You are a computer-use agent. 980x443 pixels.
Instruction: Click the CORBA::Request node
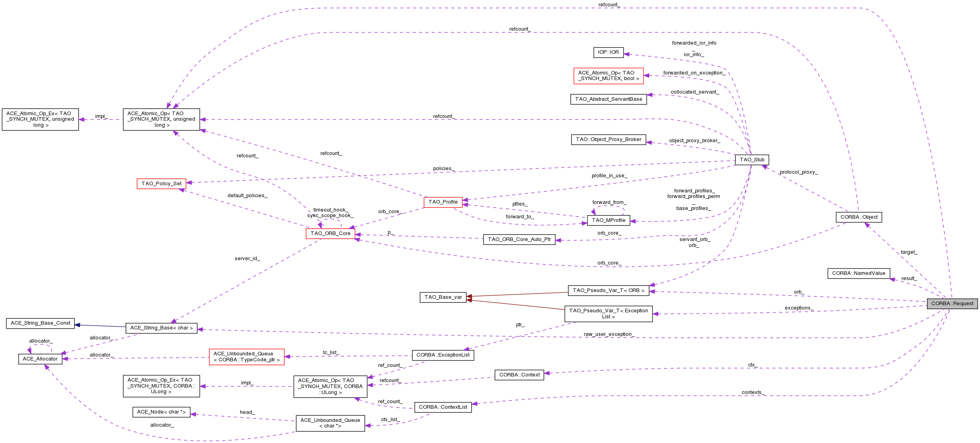pyautogui.click(x=952, y=304)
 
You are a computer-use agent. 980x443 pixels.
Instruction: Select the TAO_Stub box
pyautogui.click(x=752, y=160)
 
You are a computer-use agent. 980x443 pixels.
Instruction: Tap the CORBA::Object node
pyautogui.click(x=859, y=217)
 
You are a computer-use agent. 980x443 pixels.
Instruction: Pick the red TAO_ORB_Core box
pyautogui.click(x=330, y=233)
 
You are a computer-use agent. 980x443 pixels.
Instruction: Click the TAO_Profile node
pyautogui.click(x=443, y=202)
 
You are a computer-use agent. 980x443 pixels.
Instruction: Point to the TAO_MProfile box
pyautogui.click(x=608, y=220)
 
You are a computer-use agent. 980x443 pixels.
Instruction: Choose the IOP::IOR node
pyautogui.click(x=608, y=52)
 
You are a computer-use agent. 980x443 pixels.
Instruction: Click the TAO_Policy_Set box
pyautogui.click(x=161, y=184)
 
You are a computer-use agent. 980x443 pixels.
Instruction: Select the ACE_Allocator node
pyautogui.click(x=40, y=359)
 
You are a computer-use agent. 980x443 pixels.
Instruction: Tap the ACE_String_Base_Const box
pyautogui.click(x=40, y=323)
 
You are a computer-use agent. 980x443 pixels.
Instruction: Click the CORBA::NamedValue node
pyautogui.click(x=858, y=273)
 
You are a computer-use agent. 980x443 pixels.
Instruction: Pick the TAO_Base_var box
pyautogui.click(x=443, y=297)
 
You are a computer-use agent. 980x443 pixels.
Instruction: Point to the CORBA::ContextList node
pyautogui.click(x=443, y=407)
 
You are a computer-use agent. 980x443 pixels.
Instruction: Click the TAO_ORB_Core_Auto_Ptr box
pyautogui.click(x=519, y=239)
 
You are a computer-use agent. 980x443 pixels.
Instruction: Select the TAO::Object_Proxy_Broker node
pyautogui.click(x=608, y=139)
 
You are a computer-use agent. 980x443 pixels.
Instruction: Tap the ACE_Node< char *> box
pyautogui.click(x=161, y=412)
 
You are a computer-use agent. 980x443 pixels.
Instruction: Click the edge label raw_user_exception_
pyautogui.click(x=609, y=334)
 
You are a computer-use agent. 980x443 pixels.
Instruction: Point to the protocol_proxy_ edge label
pyautogui.click(x=798, y=172)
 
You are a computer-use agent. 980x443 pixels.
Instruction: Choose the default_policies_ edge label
pyautogui.click(x=247, y=196)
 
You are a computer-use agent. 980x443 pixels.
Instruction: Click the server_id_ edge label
pyautogui.click(x=247, y=259)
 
